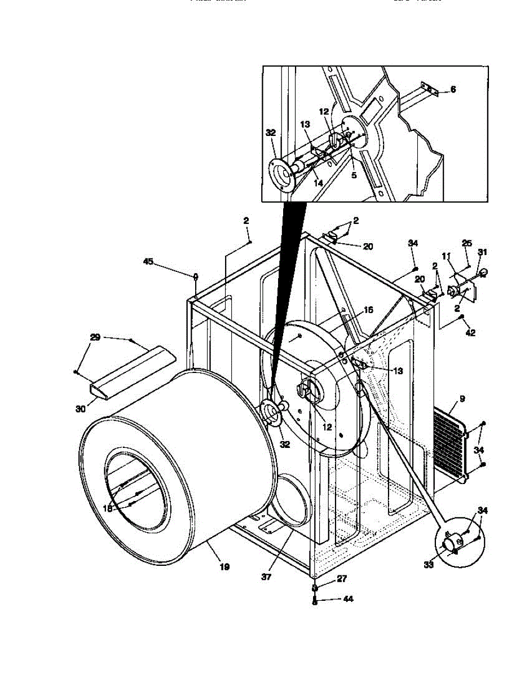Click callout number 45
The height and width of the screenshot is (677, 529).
(x=148, y=261)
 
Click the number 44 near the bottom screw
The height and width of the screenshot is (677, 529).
(x=348, y=599)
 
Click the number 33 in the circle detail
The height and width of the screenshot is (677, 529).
(x=429, y=565)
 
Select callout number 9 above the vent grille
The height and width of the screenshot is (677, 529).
(x=462, y=399)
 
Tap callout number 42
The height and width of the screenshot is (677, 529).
(x=470, y=333)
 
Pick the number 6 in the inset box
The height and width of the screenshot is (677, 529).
(x=453, y=90)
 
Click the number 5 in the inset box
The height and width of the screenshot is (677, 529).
(x=354, y=175)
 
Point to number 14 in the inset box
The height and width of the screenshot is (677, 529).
(x=319, y=183)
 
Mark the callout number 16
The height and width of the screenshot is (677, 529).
(x=368, y=310)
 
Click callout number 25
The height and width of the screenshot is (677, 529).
(x=466, y=243)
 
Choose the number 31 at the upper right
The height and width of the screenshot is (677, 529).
(x=482, y=252)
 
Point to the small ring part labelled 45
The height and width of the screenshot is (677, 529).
(x=195, y=276)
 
